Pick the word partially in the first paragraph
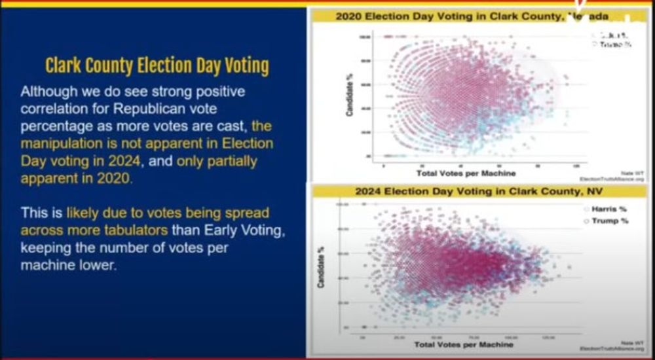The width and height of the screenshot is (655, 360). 227,160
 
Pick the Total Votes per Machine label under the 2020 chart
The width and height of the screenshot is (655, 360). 465,173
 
